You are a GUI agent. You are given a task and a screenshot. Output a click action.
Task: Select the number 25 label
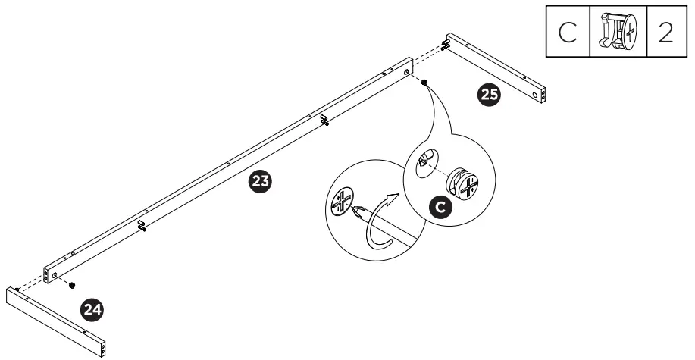coord(490,95)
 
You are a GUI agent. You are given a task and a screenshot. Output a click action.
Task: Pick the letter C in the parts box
coord(568,33)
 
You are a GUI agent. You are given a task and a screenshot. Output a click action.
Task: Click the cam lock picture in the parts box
coord(618,33)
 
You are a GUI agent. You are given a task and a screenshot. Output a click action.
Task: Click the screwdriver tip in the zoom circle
coord(355,214)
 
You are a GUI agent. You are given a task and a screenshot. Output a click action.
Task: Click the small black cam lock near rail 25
coord(424,83)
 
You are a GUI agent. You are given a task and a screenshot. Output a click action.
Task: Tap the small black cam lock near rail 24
coord(71,285)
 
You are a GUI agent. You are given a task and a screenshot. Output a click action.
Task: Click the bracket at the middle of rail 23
coord(324,120)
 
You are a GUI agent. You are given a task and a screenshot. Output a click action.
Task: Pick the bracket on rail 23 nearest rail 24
coord(142,225)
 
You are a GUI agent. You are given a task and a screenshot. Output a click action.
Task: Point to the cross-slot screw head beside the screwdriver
coord(342,201)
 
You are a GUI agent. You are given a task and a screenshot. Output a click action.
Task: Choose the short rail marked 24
coord(57,321)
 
